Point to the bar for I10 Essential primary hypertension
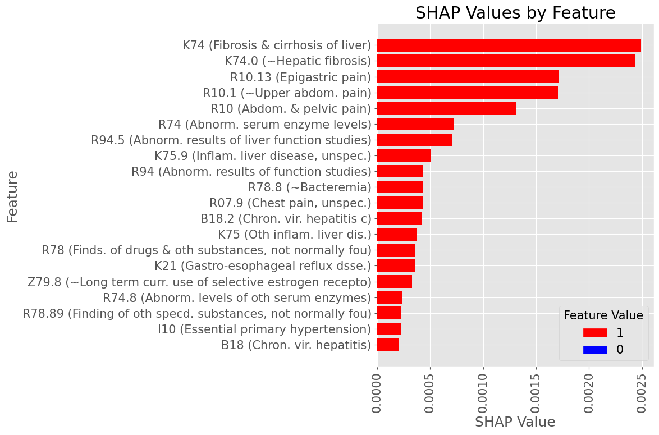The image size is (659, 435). [389, 329]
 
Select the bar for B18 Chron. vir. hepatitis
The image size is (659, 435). [388, 345]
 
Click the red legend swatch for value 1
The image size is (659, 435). [595, 333]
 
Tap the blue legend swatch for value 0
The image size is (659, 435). [595, 350]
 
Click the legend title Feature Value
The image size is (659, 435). [603, 315]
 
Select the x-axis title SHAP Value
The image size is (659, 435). [515, 422]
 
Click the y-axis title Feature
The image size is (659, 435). [12, 196]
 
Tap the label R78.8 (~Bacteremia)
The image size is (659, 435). [310, 187]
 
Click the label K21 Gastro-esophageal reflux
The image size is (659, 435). [263, 265]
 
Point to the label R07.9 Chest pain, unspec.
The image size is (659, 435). [290, 203]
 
